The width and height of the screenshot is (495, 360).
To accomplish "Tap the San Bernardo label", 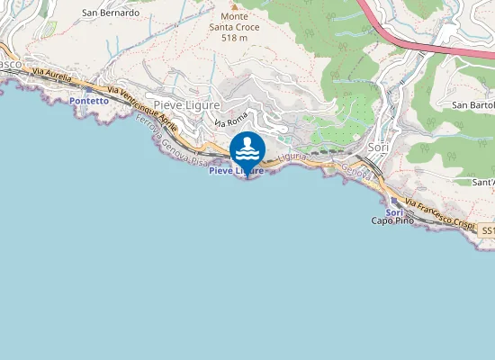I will (x=111, y=13).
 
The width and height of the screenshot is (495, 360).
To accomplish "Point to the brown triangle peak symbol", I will (x=224, y=4).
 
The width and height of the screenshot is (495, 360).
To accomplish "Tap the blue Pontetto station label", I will (x=88, y=102).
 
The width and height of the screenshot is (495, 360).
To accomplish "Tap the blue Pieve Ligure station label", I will (x=236, y=170).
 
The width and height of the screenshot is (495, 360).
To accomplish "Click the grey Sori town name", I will (x=378, y=147).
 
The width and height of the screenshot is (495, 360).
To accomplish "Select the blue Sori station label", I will (x=393, y=211).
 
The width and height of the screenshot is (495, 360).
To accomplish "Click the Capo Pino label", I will (x=391, y=220).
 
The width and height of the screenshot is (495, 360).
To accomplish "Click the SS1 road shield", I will (x=486, y=231).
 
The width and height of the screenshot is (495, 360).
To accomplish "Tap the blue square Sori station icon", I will (x=393, y=202).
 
